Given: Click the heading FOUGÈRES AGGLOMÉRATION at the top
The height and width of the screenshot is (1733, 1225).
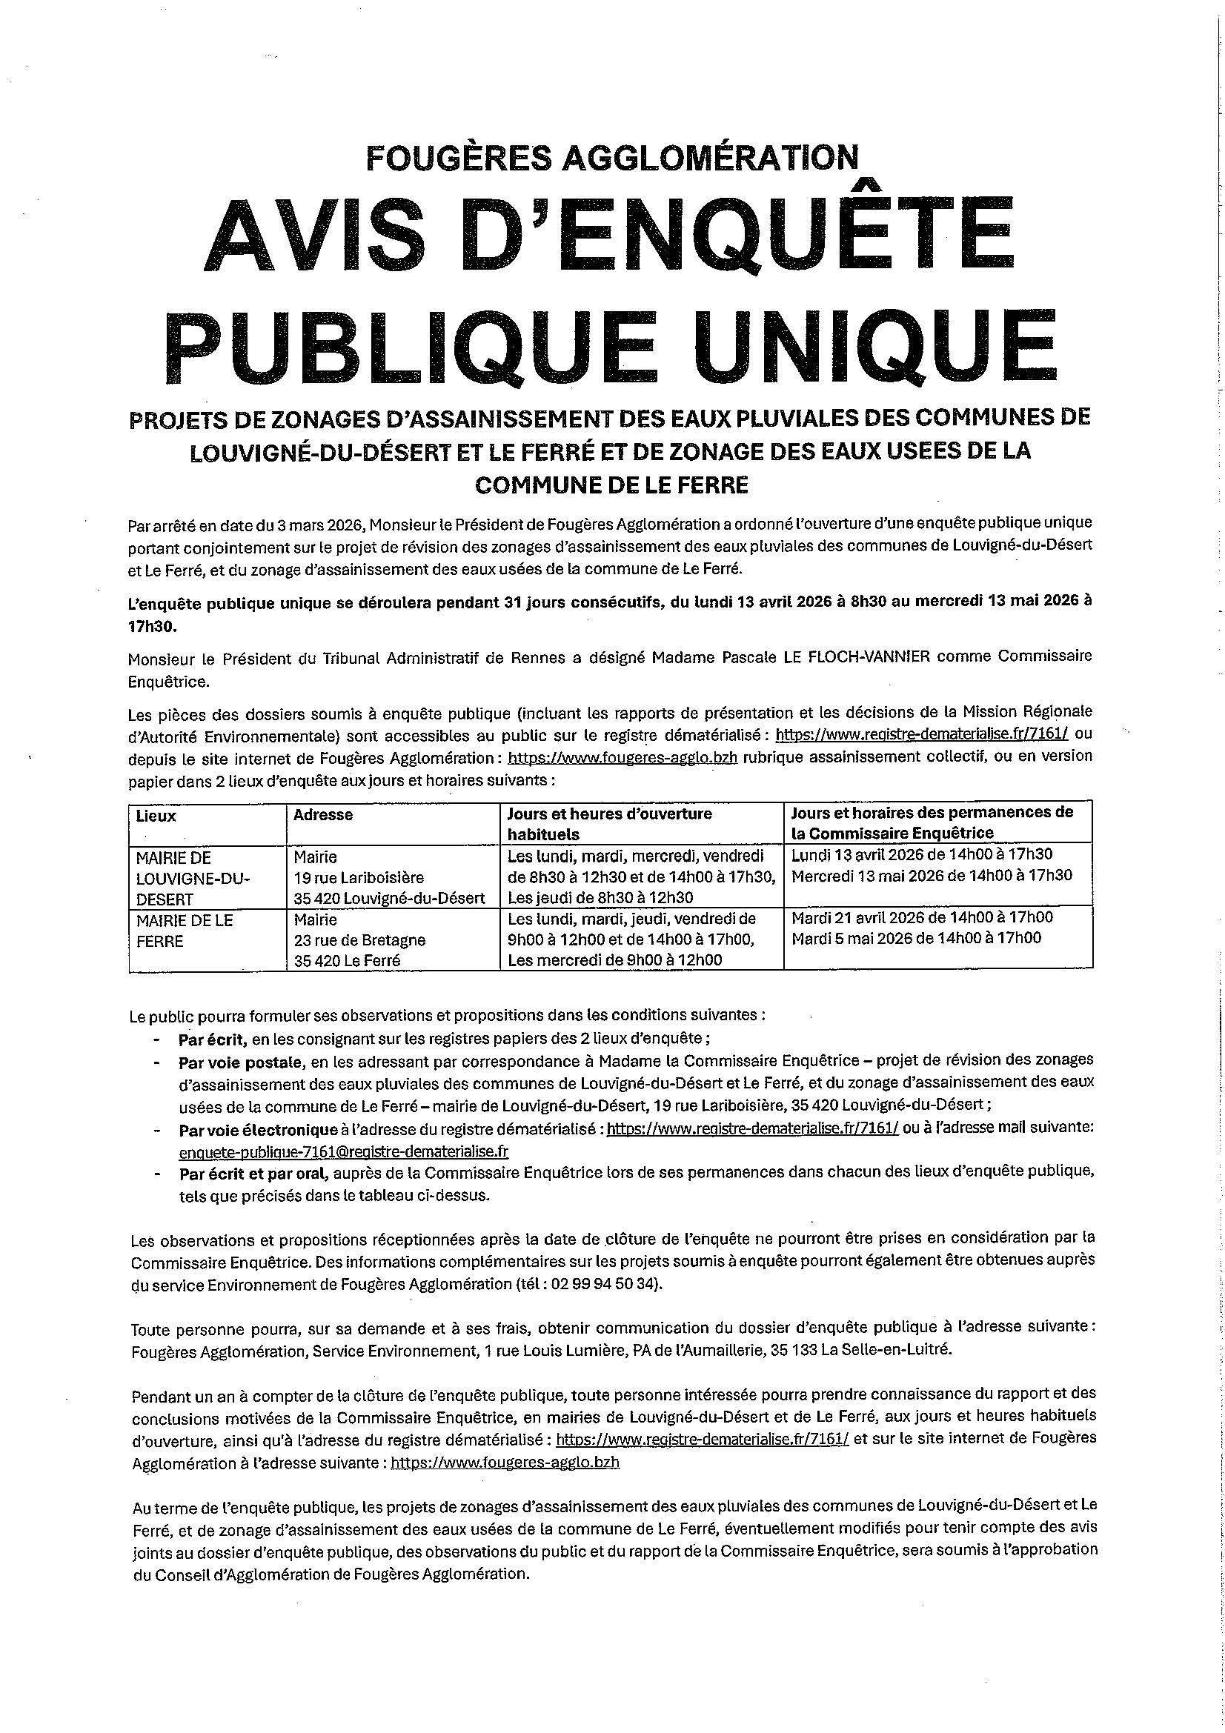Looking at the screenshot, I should [612, 157].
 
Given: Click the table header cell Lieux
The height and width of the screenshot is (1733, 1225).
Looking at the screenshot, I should [156, 816].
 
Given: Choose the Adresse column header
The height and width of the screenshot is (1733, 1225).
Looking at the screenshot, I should [323, 815].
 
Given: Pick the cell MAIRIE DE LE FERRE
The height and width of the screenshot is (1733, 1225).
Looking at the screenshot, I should [185, 931].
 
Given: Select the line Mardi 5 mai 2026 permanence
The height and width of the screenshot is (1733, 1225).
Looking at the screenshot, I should [915, 938].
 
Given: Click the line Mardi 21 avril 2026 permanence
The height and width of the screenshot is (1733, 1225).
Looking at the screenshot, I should [922, 918].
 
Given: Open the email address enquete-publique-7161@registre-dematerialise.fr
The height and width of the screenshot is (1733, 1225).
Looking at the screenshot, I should [343, 1152].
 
